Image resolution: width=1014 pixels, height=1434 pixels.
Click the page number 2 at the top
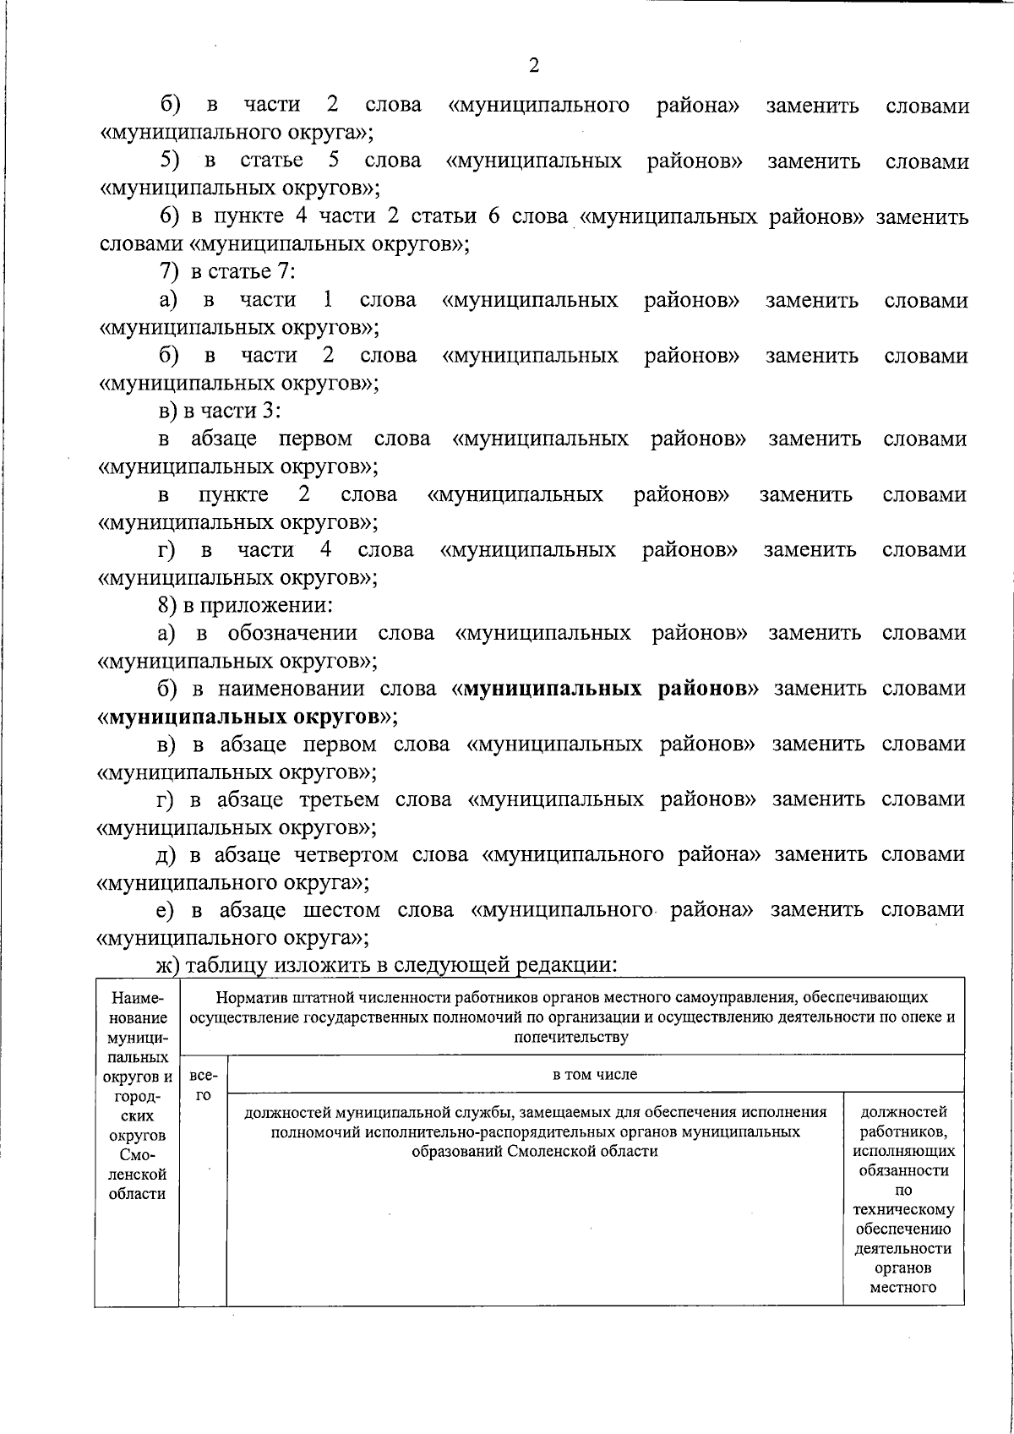click(533, 66)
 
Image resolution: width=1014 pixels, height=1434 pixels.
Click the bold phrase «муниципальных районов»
click(605, 689)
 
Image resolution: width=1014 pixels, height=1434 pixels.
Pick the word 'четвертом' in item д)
click(345, 854)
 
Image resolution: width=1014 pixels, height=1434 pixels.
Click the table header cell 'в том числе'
click(594, 1075)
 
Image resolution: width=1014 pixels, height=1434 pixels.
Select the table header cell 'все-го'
click(202, 1085)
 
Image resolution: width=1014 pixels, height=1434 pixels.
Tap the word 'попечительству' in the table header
click(572, 1037)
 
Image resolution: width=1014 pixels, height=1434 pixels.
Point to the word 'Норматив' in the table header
click(246, 998)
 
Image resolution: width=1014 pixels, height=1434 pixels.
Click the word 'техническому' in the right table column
click(903, 1209)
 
